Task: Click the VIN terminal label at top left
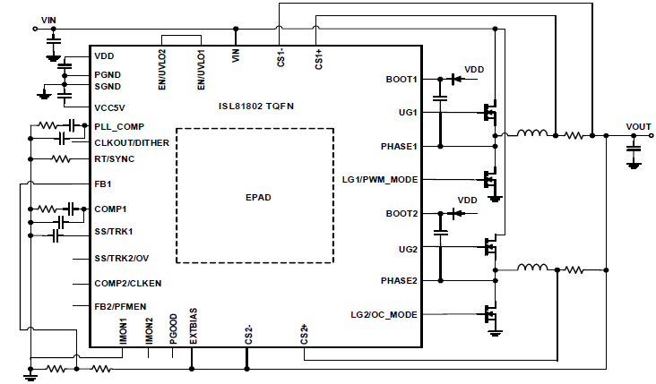click(48, 20)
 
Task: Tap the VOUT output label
click(638, 126)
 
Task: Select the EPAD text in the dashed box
click(258, 197)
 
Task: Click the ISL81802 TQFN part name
click(256, 107)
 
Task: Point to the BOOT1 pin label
click(401, 80)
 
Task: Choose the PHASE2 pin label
click(399, 281)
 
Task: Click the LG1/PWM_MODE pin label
click(380, 180)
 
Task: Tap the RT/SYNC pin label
click(114, 159)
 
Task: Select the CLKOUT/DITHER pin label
click(132, 143)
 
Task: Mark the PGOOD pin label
click(174, 329)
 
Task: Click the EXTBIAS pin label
click(194, 327)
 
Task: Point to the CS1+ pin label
click(319, 59)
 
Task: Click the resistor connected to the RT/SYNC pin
click(61, 158)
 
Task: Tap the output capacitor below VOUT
click(634, 149)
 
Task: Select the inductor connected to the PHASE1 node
click(532, 132)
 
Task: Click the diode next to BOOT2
click(457, 214)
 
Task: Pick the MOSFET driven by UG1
click(490, 112)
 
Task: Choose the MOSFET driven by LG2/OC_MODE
click(490, 314)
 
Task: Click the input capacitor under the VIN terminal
click(53, 41)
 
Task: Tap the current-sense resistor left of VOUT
click(574, 135)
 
